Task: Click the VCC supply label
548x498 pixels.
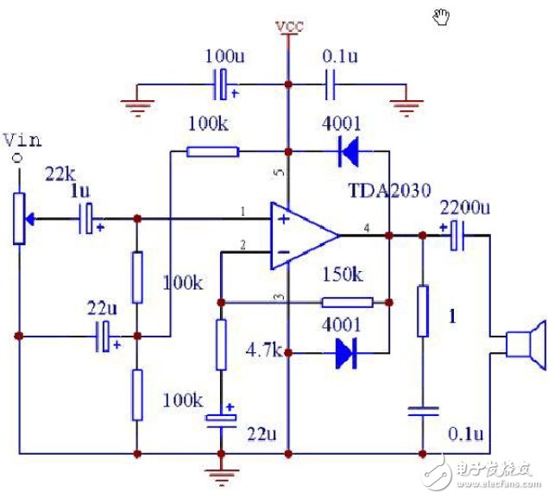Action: point(289,26)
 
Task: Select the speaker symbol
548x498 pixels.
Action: point(526,345)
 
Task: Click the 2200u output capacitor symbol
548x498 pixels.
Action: point(457,236)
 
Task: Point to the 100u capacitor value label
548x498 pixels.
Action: point(224,56)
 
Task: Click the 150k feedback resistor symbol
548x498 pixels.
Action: point(348,302)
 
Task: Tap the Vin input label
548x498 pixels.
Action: point(22,140)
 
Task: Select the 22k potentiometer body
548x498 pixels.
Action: point(19,218)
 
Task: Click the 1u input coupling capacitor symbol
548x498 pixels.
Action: point(86,218)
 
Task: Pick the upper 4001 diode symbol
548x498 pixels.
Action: point(349,152)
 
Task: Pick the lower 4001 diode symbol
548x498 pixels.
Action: point(346,353)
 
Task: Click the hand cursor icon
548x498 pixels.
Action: point(441,16)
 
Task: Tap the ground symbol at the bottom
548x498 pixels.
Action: point(221,476)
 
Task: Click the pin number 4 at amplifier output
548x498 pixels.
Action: point(367,228)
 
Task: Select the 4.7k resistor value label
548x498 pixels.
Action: point(264,350)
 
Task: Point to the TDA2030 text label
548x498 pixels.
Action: point(390,191)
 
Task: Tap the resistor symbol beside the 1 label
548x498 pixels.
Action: point(423,311)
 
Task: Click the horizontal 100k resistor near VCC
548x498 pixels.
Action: point(213,152)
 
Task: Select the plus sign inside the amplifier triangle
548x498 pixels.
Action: point(284,219)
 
